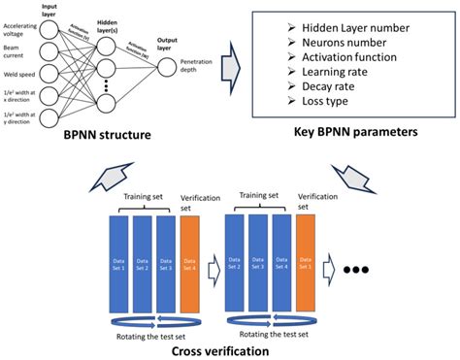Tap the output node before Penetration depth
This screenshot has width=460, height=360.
click(166, 66)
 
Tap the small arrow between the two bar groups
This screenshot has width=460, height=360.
click(214, 263)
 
